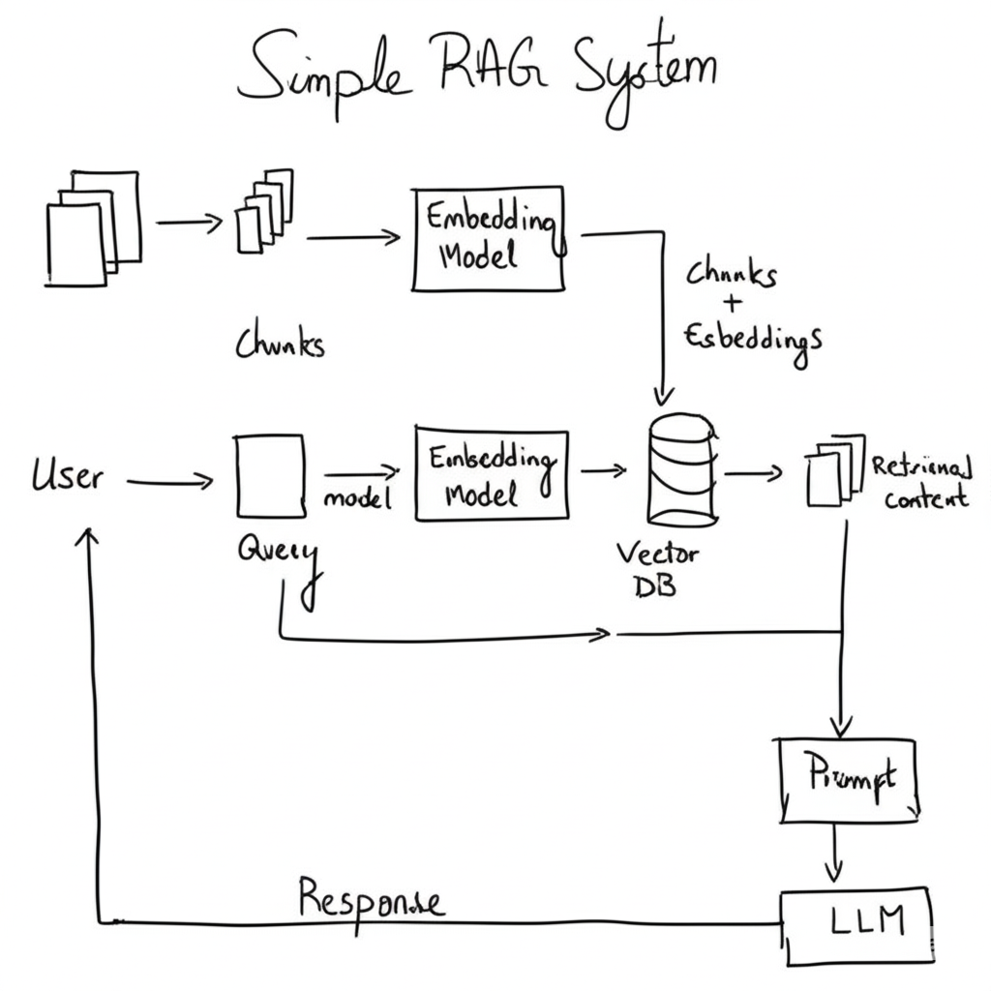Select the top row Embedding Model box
click(489, 238)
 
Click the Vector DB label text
click(658, 571)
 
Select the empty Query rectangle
click(270, 476)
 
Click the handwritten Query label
click(277, 554)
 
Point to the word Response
click(371, 899)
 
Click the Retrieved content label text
click(921, 483)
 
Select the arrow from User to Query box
click(169, 480)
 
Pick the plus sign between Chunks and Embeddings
click(733, 304)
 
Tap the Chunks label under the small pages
click(280, 345)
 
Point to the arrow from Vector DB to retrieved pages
click(752, 472)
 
